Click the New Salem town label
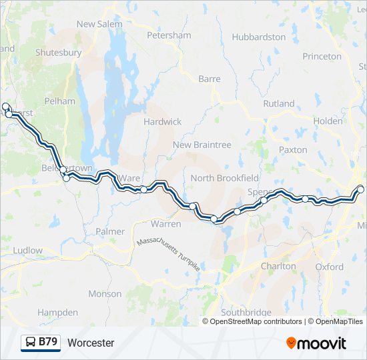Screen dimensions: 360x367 pyautogui.click(x=99, y=24)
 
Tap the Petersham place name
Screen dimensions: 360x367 pyautogui.click(x=169, y=35)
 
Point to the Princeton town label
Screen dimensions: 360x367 pyautogui.click(x=322, y=57)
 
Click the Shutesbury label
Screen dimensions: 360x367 pyautogui.click(x=58, y=53)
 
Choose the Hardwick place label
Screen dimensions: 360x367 pyautogui.click(x=162, y=122)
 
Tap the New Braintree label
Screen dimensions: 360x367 pyautogui.click(x=202, y=145)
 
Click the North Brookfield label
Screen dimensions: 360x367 pyautogui.click(x=224, y=178)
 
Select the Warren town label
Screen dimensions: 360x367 pyautogui.click(x=165, y=224)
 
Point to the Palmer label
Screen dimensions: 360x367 pyautogui.click(x=110, y=231)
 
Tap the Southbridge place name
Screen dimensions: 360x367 pyautogui.click(x=246, y=312)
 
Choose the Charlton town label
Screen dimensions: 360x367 pyautogui.click(x=278, y=266)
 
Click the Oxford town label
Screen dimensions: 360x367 pyautogui.click(x=330, y=267)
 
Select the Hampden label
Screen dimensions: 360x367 pyautogui.click(x=57, y=312)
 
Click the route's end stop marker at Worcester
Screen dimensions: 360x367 pyautogui.click(x=361, y=189)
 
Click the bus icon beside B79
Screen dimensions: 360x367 pyautogui.click(x=31, y=343)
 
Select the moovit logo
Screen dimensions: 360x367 pyautogui.click(x=316, y=343)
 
